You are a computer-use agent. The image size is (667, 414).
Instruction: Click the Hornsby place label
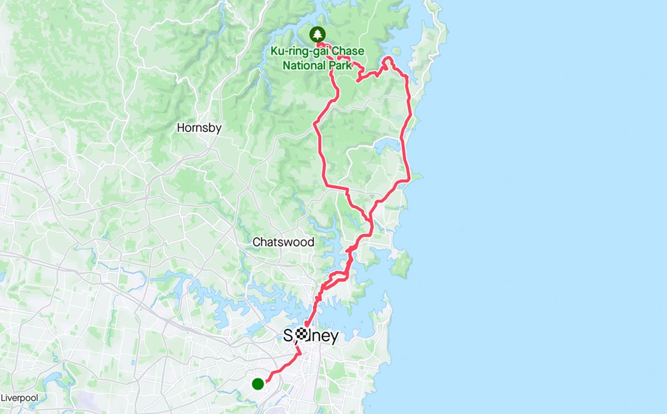(x=199, y=128)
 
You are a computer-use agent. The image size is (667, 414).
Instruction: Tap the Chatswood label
(x=283, y=242)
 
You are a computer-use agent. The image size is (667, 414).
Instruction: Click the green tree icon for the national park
(x=317, y=34)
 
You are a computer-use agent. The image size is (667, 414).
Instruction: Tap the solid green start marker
(x=258, y=384)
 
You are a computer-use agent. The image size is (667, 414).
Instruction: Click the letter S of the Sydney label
(x=288, y=336)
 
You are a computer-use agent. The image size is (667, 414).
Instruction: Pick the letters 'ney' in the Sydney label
(x=326, y=336)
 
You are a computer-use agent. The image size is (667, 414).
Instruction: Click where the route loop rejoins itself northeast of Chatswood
(x=369, y=220)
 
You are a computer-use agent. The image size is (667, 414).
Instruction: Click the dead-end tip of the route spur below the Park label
(x=358, y=80)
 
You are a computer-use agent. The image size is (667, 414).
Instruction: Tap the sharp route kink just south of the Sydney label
(x=300, y=354)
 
